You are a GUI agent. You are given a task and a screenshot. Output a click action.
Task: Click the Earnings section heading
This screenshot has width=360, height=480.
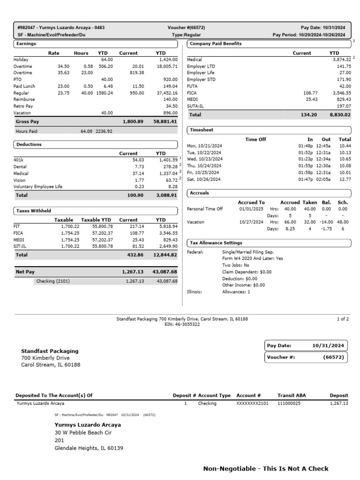(26, 44)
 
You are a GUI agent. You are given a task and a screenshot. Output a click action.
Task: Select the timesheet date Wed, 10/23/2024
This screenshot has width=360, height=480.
(204, 159)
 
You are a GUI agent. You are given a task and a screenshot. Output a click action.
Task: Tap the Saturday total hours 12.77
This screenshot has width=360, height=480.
(345, 179)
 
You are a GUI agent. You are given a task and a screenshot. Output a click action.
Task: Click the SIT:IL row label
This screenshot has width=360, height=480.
(21, 246)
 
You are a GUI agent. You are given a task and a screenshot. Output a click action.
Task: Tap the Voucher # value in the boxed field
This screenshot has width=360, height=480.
(333, 357)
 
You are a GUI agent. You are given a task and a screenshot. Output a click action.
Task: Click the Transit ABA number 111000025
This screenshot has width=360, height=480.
(289, 403)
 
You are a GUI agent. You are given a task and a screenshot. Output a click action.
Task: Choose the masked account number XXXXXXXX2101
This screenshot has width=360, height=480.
(252, 403)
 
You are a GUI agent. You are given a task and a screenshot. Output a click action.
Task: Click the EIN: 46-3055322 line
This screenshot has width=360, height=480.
(182, 324)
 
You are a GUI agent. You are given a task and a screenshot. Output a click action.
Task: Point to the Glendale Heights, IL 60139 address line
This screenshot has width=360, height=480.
(89, 448)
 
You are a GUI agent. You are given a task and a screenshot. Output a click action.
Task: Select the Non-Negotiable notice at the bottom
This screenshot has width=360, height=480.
(266, 469)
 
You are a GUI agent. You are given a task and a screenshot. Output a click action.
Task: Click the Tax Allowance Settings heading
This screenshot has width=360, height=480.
(216, 243)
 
